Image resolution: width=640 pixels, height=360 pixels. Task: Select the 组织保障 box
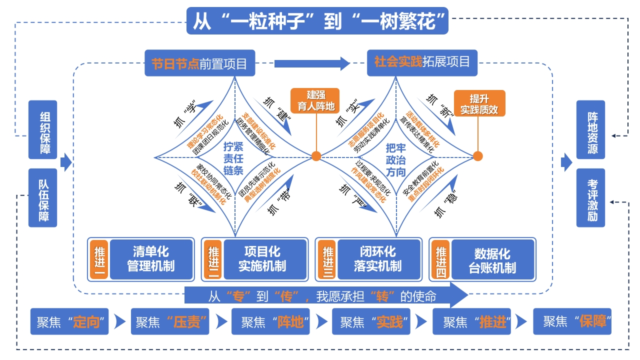43,129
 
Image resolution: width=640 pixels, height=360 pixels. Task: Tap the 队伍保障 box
43,198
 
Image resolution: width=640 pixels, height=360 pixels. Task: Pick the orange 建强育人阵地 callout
315,101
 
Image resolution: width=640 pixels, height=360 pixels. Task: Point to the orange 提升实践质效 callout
479,104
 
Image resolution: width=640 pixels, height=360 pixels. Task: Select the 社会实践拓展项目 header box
421,62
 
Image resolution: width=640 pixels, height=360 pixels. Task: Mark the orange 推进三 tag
327,259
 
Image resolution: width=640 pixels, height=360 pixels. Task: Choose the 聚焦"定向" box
69,321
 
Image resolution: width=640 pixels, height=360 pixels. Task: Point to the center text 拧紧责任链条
233,158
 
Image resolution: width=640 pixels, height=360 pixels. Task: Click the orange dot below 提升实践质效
477,156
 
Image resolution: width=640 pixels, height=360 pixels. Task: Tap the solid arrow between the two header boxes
311,63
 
